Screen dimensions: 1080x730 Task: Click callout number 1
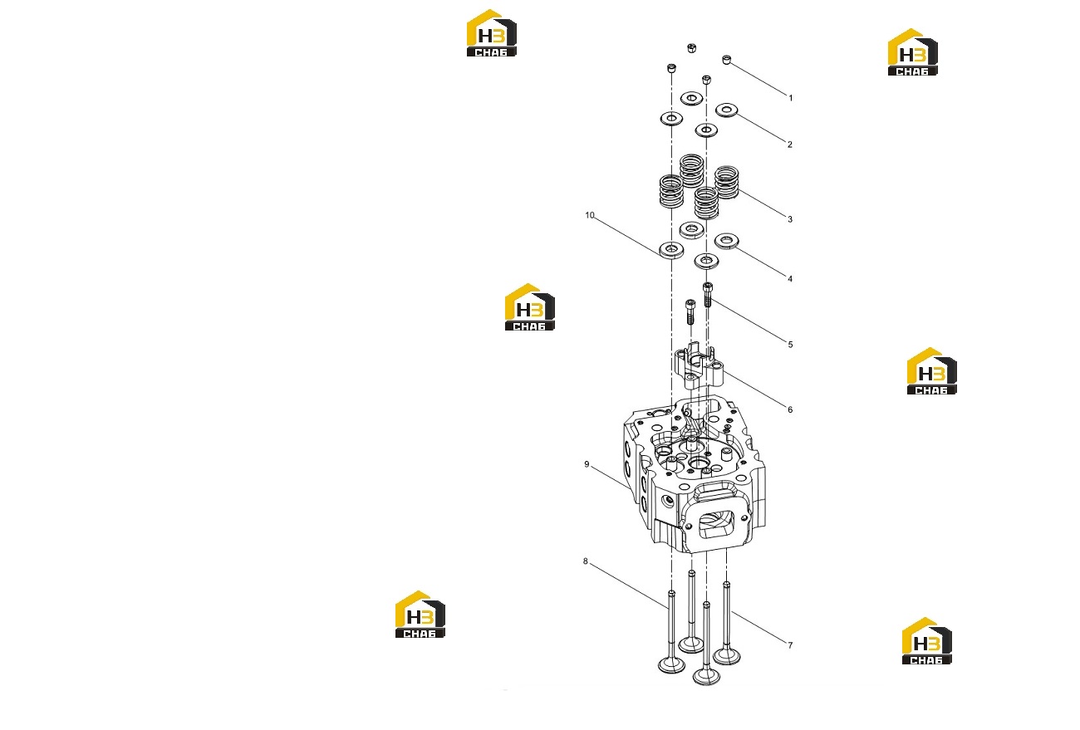click(x=791, y=98)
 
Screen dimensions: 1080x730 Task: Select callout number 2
click(x=790, y=144)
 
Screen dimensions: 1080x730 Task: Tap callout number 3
click(x=790, y=219)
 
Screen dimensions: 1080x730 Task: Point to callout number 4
click(x=790, y=278)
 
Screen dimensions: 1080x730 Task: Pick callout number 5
click(x=790, y=345)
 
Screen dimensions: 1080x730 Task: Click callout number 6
click(x=790, y=409)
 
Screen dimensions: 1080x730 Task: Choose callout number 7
click(x=790, y=645)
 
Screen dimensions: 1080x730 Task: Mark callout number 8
click(x=586, y=561)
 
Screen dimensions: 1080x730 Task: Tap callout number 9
click(x=587, y=464)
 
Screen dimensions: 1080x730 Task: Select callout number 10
click(x=590, y=215)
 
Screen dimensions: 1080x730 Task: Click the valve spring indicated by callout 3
click(x=727, y=182)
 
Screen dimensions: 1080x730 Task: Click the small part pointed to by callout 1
click(x=727, y=60)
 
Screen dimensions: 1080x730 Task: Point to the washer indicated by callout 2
click(x=727, y=110)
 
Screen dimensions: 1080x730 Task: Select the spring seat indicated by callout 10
click(x=671, y=250)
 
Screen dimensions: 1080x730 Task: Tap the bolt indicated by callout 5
click(x=707, y=294)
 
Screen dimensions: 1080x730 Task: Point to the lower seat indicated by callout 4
click(x=726, y=241)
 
